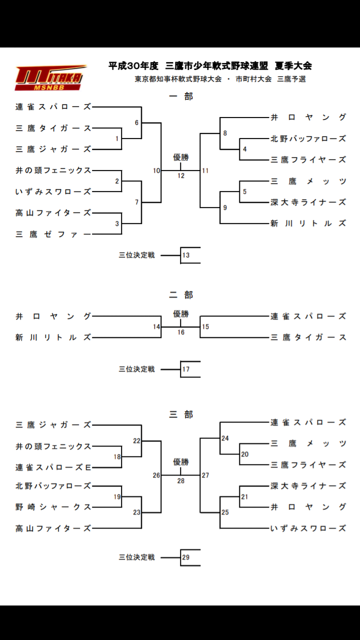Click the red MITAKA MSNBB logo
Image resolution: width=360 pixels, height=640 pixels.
[x=49, y=78]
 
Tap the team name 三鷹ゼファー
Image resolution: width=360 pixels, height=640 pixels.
[x=53, y=234]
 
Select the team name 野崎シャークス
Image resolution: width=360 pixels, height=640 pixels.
[x=53, y=507]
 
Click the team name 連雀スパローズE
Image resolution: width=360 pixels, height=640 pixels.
[x=53, y=467]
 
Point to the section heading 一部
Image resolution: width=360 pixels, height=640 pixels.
[x=180, y=96]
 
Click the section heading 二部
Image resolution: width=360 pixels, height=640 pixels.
[x=180, y=295]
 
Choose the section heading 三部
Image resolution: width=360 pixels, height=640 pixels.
[x=180, y=414]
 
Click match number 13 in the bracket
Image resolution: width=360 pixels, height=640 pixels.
[x=186, y=255]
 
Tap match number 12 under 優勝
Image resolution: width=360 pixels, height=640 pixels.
[x=180, y=176]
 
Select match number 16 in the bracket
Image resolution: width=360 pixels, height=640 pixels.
[x=180, y=332]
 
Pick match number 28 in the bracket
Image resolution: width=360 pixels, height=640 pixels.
[x=180, y=481]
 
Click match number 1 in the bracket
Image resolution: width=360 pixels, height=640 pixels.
[x=117, y=138]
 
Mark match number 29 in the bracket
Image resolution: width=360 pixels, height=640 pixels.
[x=186, y=557]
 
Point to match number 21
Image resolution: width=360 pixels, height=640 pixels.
[x=244, y=497]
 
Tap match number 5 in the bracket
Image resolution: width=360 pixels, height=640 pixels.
[x=244, y=191]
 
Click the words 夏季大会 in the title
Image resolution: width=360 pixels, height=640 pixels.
[x=293, y=65]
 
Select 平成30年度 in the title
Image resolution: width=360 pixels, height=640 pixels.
[x=133, y=65]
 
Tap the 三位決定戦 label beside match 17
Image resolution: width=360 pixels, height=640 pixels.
[x=136, y=369]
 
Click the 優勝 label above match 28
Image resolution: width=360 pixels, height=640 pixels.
[x=180, y=461]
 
